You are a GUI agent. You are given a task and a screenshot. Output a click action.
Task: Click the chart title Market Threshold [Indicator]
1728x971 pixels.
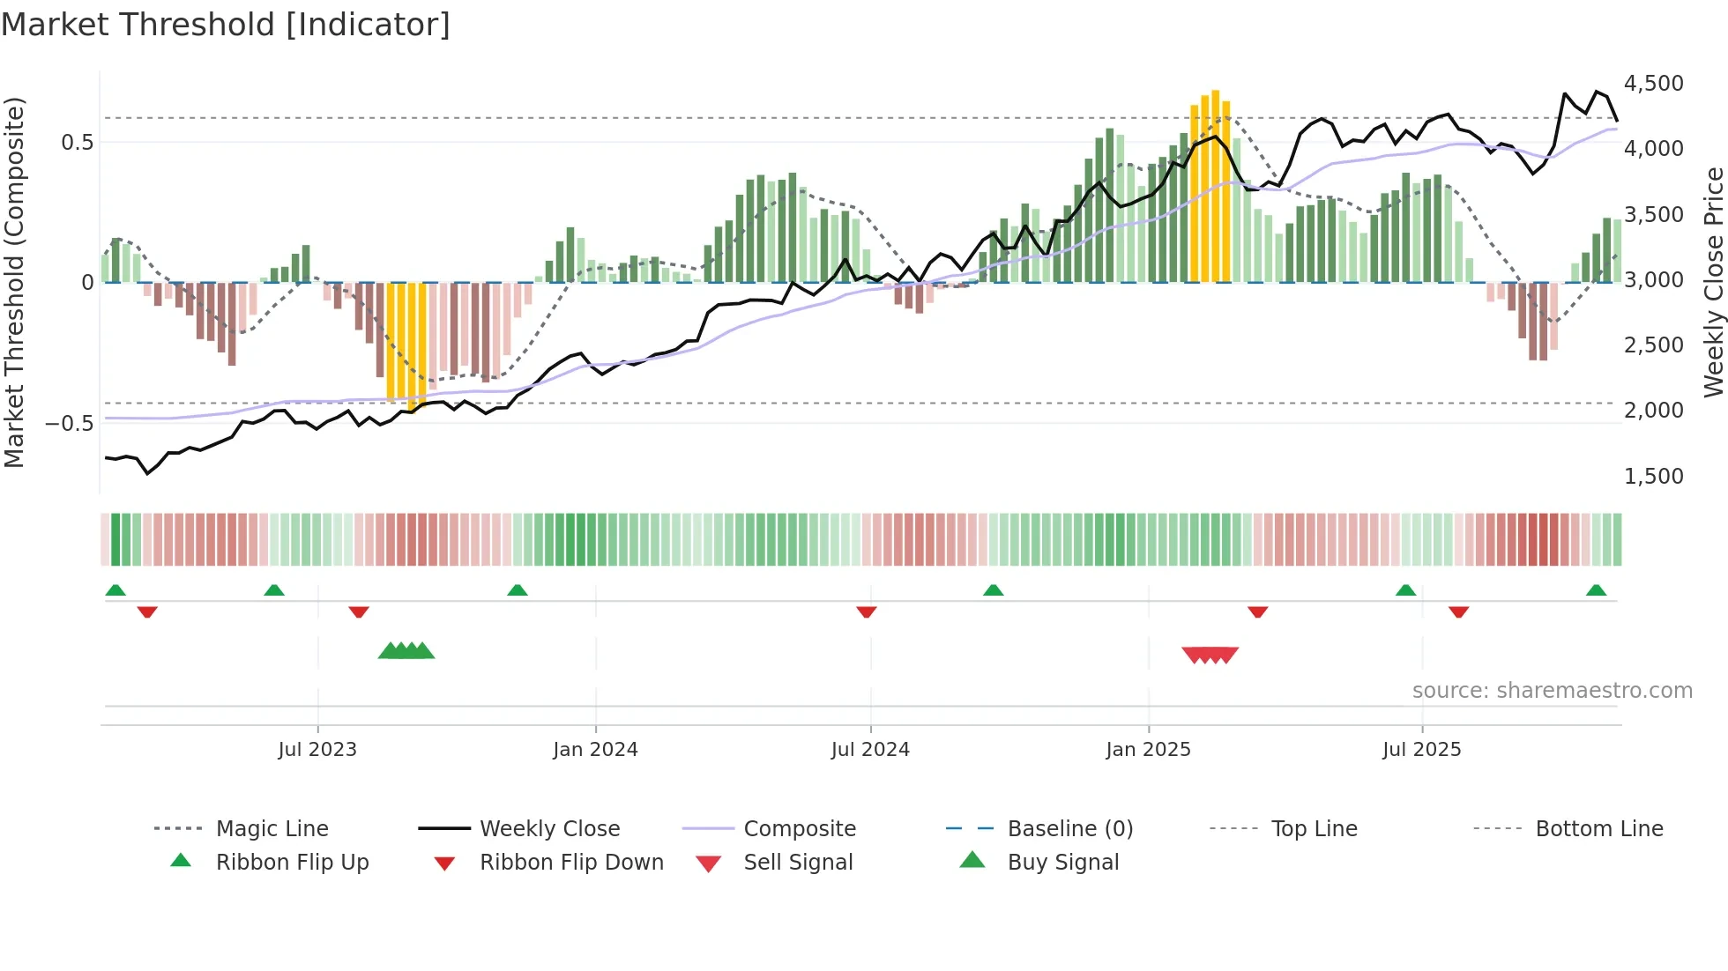[226, 25]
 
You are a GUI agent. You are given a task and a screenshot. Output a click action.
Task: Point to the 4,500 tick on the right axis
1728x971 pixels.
[1653, 84]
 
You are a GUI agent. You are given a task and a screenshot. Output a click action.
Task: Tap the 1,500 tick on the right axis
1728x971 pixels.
[1653, 477]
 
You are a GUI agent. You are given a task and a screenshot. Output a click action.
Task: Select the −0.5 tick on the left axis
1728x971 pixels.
[70, 424]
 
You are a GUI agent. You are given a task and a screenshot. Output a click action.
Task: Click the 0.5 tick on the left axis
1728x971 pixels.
[77, 143]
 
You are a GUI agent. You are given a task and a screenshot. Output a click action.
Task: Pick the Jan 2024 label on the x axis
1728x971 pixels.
[595, 750]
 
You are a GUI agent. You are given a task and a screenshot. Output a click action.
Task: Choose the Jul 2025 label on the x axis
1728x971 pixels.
[1421, 750]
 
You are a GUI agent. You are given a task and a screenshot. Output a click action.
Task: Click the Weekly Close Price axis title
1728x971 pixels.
[1713, 282]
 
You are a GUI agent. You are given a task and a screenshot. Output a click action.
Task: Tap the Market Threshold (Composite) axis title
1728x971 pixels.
[14, 282]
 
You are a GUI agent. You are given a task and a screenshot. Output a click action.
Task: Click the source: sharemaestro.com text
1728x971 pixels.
[1552, 691]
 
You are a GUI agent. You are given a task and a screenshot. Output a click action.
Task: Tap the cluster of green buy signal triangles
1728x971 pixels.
[406, 651]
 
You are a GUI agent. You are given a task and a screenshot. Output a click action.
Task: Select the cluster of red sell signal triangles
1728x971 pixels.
[1210, 655]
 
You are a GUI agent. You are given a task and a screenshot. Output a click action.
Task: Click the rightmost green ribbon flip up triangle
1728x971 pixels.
[1596, 590]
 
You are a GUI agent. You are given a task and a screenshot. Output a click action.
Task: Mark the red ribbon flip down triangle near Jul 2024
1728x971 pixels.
[867, 612]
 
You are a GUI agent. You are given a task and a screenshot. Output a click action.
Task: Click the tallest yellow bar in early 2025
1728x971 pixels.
[1216, 185]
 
